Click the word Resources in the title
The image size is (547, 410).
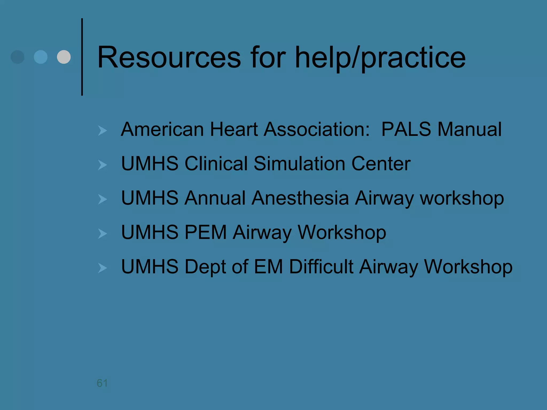169,57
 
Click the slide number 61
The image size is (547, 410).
102,383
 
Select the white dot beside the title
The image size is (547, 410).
64,57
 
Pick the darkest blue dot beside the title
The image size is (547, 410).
18,57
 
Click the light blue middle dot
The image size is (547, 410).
41,57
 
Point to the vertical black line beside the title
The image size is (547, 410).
82,57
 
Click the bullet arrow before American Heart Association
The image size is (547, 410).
102,131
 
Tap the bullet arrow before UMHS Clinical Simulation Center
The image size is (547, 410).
102,165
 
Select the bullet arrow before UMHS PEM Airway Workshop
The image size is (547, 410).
102,234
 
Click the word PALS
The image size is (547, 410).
406,129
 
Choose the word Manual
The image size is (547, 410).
470,129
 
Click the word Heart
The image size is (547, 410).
234,129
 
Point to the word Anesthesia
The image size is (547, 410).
300,198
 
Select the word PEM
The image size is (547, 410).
206,232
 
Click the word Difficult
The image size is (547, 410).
321,267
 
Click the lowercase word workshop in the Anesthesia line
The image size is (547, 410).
462,198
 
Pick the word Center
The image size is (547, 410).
381,164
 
